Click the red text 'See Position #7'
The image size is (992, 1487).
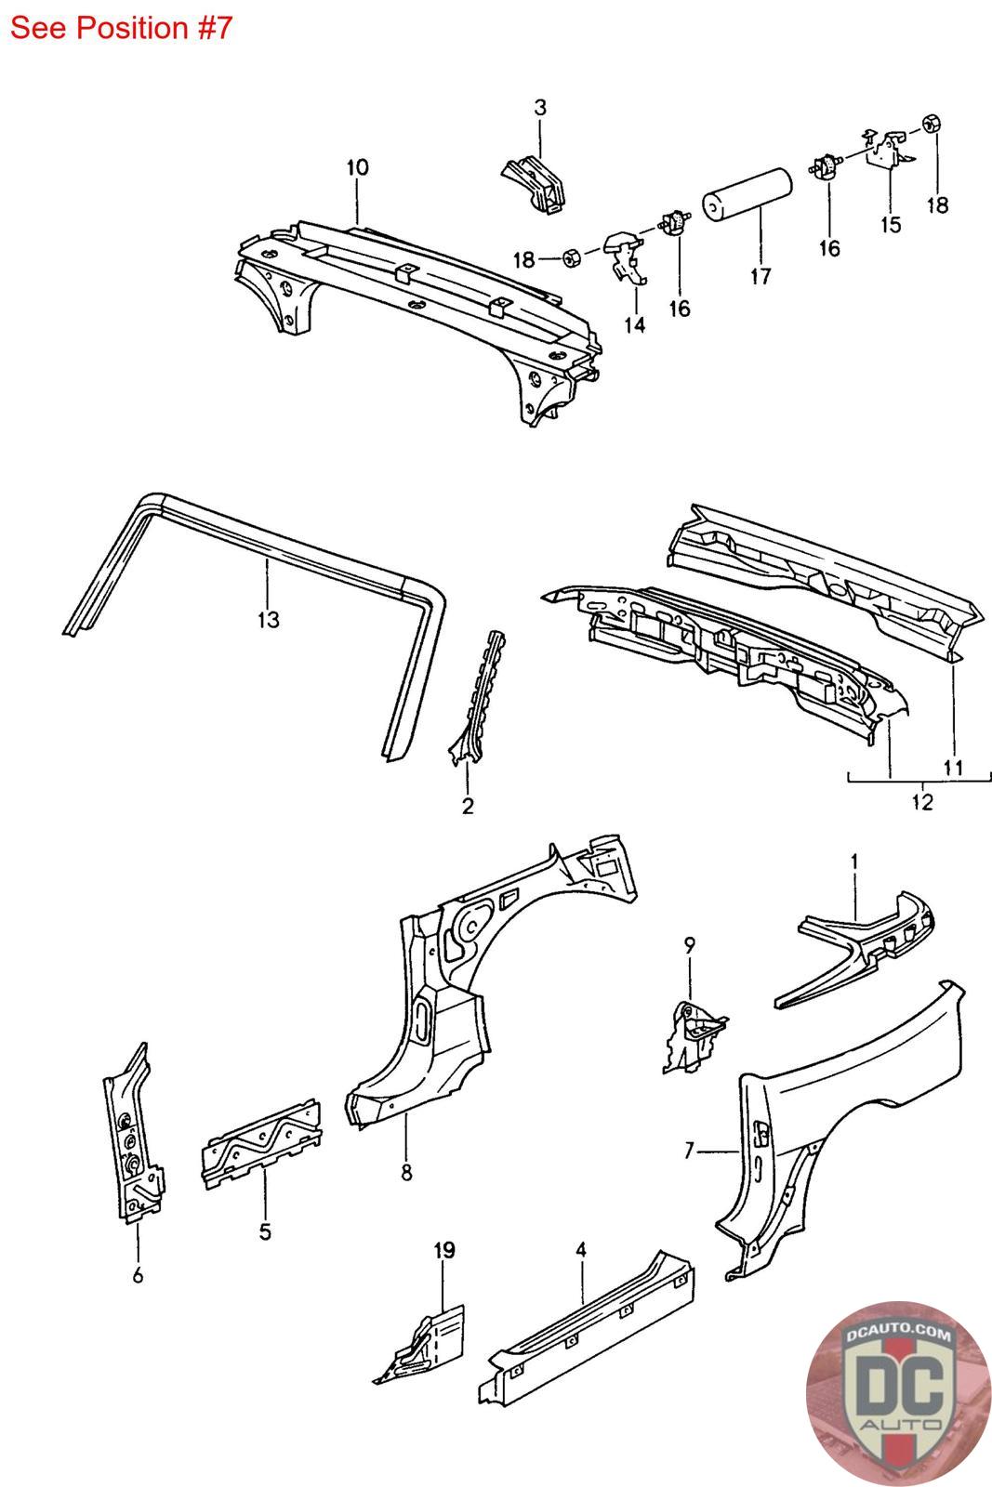click(121, 28)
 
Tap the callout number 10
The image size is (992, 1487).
click(357, 167)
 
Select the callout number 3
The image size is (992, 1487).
click(540, 108)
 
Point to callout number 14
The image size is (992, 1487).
click(636, 324)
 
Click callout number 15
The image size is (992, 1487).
click(891, 225)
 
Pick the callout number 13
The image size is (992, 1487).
click(268, 619)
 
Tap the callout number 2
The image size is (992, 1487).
click(468, 806)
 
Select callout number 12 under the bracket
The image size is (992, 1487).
click(920, 802)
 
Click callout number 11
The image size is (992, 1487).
click(953, 768)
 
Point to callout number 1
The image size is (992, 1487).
click(853, 862)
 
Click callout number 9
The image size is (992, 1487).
click(689, 945)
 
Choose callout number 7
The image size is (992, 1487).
click(689, 1151)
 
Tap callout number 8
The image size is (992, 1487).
click(406, 1173)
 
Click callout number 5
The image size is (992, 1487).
click(265, 1232)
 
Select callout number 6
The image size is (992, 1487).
click(138, 1276)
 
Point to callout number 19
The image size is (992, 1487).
click(444, 1251)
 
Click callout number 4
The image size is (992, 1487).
click(581, 1250)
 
